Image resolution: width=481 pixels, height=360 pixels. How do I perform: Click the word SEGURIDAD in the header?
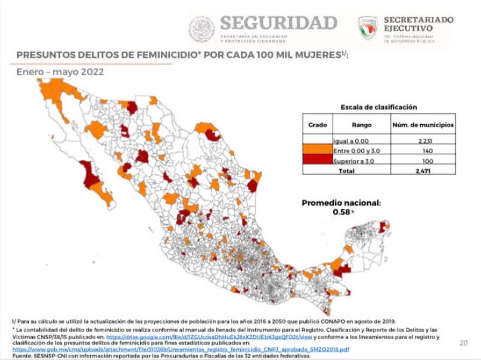pyautogui.click(x=278, y=23)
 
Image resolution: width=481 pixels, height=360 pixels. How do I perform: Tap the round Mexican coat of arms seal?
pyautogui.click(x=201, y=29)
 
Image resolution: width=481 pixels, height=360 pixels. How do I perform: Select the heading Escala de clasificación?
pyautogui.click(x=378, y=107)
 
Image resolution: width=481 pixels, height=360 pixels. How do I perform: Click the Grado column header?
pyautogui.click(x=317, y=125)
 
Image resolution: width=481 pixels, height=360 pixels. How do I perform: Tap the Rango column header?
pyautogui.click(x=361, y=125)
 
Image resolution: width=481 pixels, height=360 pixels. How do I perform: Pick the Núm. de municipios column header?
pyautogui.click(x=422, y=125)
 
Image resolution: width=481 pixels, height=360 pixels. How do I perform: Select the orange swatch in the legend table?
pyautogui.click(x=318, y=150)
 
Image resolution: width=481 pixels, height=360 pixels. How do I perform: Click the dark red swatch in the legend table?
pyautogui.click(x=318, y=160)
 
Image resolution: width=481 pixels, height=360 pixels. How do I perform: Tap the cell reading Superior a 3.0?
pyautogui.click(x=357, y=160)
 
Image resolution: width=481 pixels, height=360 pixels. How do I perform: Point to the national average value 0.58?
pyautogui.click(x=341, y=212)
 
